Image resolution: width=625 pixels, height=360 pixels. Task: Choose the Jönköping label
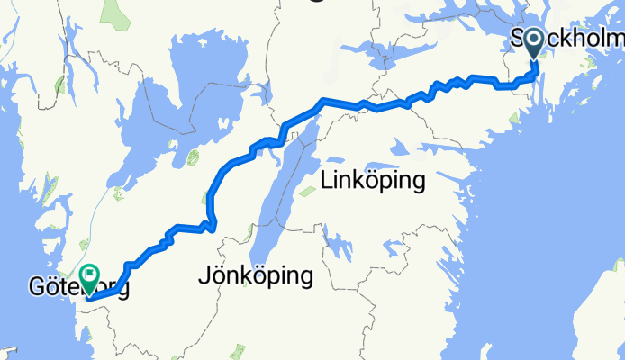[255, 276]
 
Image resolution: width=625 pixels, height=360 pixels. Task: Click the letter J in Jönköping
[202, 276]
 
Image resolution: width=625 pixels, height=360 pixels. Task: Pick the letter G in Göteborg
[36, 289]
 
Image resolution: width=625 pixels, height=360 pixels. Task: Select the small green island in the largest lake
[192, 159]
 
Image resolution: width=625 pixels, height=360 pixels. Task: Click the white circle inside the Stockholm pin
[534, 39]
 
